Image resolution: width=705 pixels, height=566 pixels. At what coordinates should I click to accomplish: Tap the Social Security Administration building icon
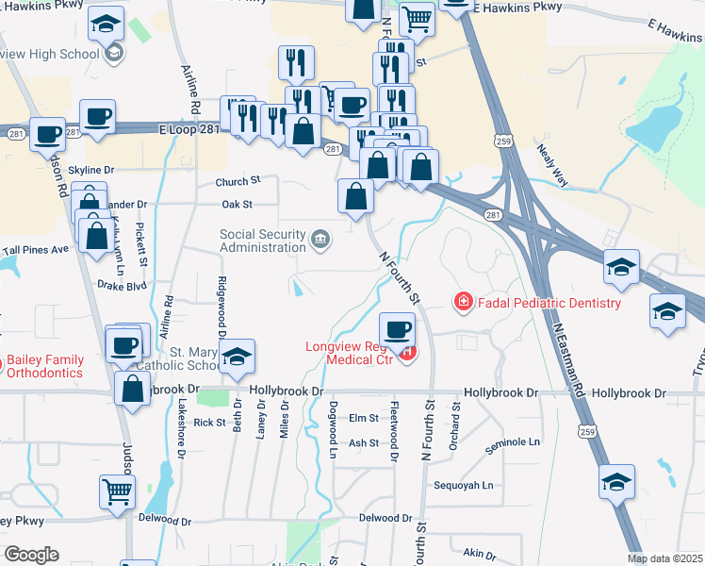tap(321, 239)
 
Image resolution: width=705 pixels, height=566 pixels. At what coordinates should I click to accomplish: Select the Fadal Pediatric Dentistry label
tap(549, 303)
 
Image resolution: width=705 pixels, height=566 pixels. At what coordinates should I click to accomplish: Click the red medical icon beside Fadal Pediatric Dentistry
tap(463, 302)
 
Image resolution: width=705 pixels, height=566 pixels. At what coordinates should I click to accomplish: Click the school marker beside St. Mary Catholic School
tap(238, 356)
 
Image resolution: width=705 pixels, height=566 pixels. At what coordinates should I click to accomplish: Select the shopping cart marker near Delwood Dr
tap(118, 491)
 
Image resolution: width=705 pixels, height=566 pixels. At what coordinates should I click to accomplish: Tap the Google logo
tap(31, 555)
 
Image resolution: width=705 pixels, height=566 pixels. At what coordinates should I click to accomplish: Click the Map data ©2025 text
tap(665, 558)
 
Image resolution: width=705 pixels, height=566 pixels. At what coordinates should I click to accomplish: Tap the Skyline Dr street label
tap(90, 170)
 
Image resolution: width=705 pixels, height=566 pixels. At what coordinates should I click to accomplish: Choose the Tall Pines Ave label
tap(36, 250)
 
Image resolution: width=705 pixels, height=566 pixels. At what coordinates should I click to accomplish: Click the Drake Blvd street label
tap(123, 284)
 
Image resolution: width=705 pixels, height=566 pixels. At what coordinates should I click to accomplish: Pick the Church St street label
tap(237, 181)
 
